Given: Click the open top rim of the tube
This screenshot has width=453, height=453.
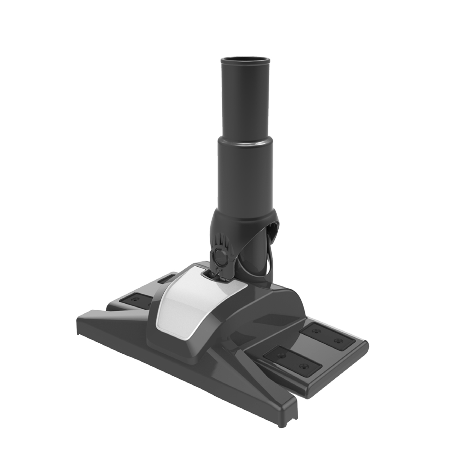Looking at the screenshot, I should (x=245, y=60).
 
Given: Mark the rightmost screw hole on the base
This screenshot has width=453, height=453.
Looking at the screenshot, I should (x=338, y=340).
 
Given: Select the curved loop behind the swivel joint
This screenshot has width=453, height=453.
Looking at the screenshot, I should (x=273, y=233).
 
